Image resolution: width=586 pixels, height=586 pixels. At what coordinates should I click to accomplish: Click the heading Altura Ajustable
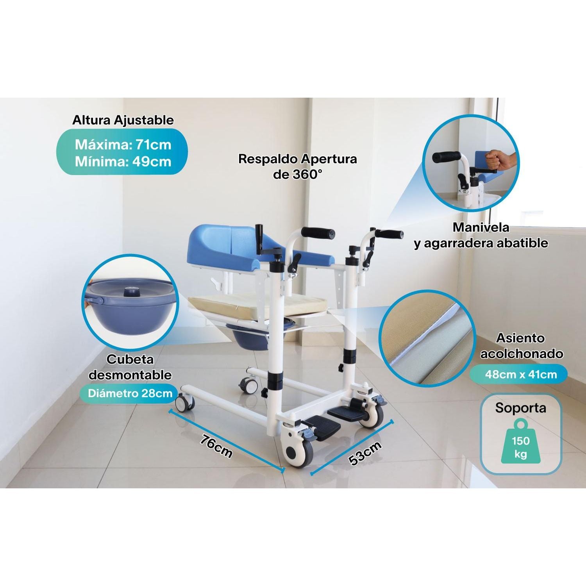(x=123, y=120)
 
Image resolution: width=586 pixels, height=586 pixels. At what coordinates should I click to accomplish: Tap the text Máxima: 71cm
(x=123, y=145)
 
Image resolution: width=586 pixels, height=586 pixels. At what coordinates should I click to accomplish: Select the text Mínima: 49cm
(x=123, y=161)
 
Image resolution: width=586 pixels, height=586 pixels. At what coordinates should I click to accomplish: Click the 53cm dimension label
(x=365, y=452)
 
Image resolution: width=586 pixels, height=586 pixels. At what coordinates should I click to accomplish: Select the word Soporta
(x=521, y=408)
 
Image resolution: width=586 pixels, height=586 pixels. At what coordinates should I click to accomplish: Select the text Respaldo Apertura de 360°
(x=297, y=166)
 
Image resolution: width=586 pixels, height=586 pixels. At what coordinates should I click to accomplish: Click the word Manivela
(x=481, y=227)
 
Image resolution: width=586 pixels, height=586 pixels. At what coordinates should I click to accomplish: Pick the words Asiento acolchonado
(x=522, y=345)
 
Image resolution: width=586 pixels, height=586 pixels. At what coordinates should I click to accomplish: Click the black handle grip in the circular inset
(x=447, y=157)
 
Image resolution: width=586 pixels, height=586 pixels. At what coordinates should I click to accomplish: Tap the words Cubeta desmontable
(x=130, y=367)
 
